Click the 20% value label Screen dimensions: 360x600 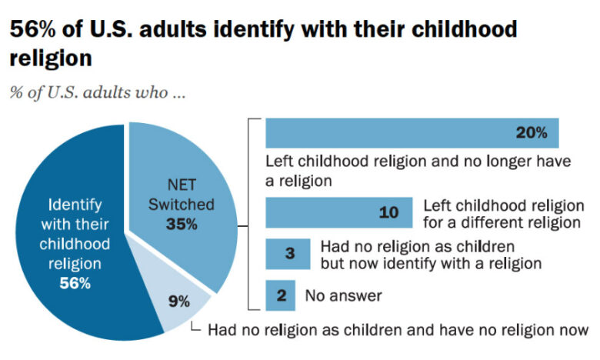coord(532,132)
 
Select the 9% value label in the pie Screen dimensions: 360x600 coord(178,301)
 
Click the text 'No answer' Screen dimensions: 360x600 coord(343,295)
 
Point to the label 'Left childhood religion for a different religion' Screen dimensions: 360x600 coord(501,215)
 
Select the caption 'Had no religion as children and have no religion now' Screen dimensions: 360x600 coord(398,329)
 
